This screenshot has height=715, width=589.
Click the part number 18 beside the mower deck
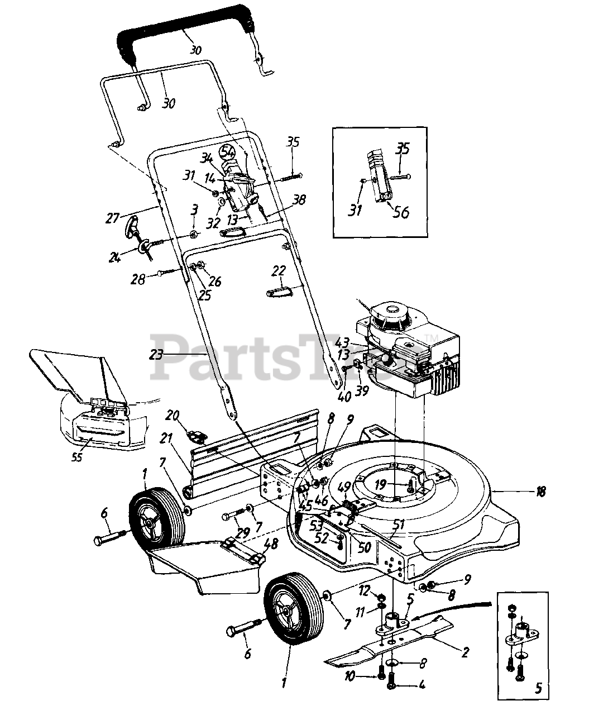(540, 492)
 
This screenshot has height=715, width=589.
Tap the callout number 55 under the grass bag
(77, 457)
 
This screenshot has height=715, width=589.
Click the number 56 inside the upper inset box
(401, 212)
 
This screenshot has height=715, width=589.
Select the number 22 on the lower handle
(279, 271)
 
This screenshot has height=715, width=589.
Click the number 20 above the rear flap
(172, 415)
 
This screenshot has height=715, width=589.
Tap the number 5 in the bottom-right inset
(538, 689)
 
